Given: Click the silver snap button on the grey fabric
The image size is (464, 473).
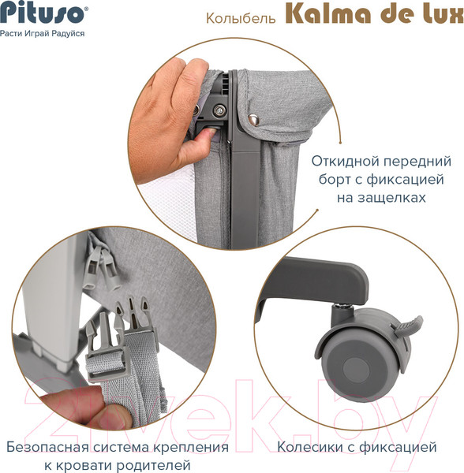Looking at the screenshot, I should pyautogui.click(x=253, y=119).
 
